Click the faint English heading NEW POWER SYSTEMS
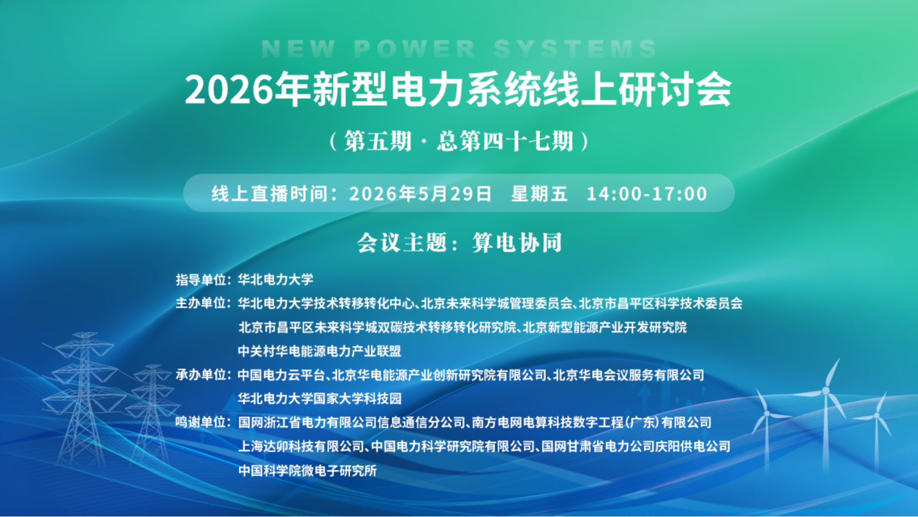coord(459,49)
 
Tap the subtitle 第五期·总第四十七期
coord(458,141)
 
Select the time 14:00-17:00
coord(647,193)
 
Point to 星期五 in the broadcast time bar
coord(539,193)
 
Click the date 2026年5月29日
coord(420,193)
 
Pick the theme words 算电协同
coord(517,243)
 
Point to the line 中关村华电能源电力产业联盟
coord(319,351)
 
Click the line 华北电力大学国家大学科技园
coord(319,399)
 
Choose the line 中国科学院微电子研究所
coord(307,470)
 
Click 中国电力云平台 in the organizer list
coord(281,375)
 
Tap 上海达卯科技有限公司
coord(301,446)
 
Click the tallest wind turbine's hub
coord(826,391)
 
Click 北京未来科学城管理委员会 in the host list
coord(497,303)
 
